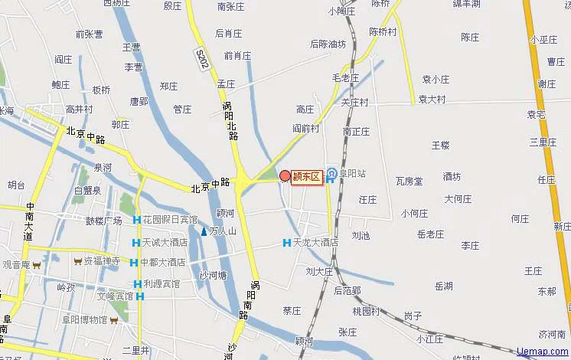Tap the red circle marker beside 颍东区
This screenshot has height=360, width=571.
coord(285,176)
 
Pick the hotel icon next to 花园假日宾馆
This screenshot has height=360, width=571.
coord(136,221)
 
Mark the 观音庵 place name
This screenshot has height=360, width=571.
coord(15,265)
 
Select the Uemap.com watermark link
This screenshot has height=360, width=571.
coord(543,352)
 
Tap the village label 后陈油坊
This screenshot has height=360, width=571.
coord(328,44)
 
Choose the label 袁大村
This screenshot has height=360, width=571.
coord(432,100)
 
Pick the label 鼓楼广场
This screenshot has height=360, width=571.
coord(103,221)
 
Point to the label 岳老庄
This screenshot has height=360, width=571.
coord(430,234)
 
